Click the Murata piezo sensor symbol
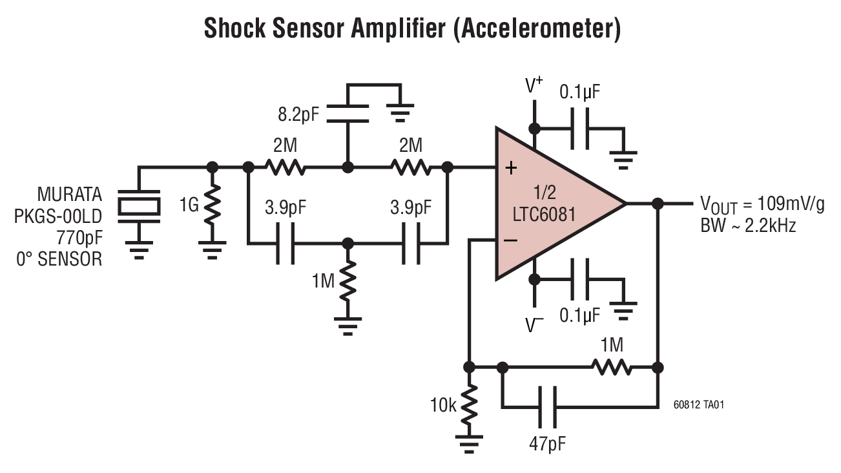tap(139, 204)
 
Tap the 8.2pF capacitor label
tap(298, 116)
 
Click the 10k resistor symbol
tap(470, 405)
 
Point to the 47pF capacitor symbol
tap(546, 406)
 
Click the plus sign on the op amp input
tap(511, 169)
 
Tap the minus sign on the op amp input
tap(511, 240)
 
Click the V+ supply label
tap(534, 87)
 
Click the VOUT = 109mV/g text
tap(762, 205)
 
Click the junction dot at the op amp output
tap(658, 204)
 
